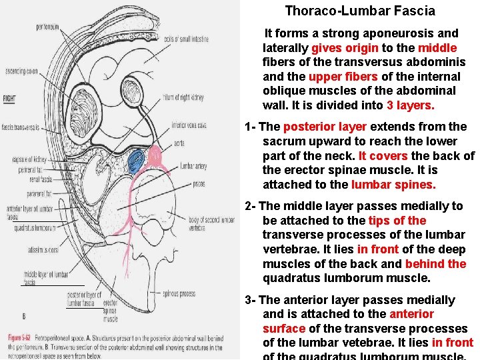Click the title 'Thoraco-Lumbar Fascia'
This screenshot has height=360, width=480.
point(360,11)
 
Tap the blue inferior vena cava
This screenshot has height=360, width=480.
point(135,160)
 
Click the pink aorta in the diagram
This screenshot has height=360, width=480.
point(156,156)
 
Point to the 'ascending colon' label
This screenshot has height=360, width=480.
point(21,71)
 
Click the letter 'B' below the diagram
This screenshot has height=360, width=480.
point(24,315)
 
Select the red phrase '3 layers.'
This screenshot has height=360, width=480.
point(410,105)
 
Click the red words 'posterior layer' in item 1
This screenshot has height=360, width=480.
point(325,127)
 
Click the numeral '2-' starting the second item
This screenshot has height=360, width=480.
point(250,206)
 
